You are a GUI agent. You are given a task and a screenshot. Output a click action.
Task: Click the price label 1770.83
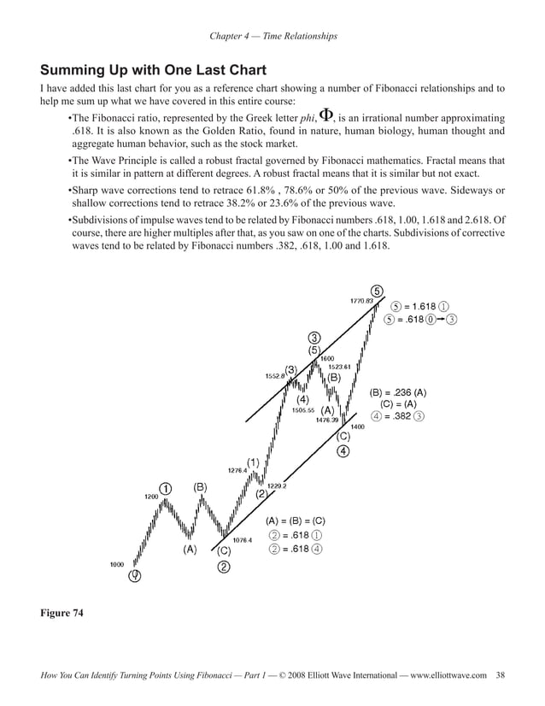pos(361,301)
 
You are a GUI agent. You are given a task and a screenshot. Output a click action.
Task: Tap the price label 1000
pos(116,564)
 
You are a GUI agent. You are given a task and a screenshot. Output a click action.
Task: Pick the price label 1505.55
pos(304,410)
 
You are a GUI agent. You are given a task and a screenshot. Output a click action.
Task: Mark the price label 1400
pos(357,427)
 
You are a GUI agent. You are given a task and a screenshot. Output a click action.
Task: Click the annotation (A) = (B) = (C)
pos(296,521)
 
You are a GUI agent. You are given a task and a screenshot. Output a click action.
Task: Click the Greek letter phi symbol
pos(325,116)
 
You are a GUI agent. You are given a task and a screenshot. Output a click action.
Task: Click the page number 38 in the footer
pos(500,676)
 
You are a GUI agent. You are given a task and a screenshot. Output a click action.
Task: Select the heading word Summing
pos(75,70)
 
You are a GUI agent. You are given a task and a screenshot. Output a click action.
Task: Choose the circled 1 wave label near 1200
pos(165,488)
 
